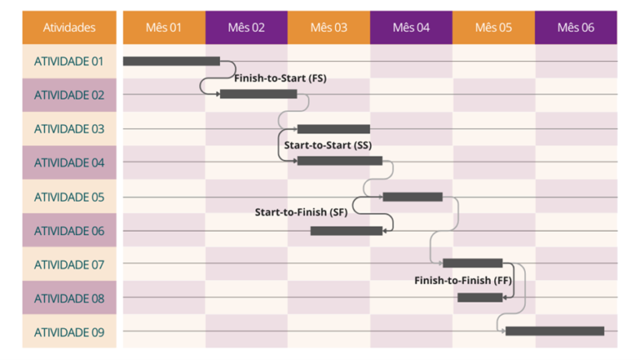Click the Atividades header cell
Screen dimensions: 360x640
[69, 27]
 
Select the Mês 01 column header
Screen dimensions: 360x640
[163, 27]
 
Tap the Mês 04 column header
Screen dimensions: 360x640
[411, 27]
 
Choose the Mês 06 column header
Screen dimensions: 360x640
[576, 27]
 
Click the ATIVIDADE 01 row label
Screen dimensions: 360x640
[69, 61]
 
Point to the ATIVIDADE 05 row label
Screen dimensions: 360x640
[69, 197]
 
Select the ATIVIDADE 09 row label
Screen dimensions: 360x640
[69, 332]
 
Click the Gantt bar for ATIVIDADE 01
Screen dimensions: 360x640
[171, 61]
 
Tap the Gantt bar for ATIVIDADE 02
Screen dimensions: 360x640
[258, 94]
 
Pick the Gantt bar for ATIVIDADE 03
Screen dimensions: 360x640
[333, 129]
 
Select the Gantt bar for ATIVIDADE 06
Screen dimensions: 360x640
[346, 231]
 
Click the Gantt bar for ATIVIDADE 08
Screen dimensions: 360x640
[480, 297]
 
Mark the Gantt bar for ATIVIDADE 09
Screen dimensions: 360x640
[554, 331]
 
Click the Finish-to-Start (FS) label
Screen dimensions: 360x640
[280, 78]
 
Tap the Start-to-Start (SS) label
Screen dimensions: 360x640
[327, 145]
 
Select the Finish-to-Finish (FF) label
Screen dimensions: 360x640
[462, 281]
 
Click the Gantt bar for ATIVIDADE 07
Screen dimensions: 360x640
[472, 263]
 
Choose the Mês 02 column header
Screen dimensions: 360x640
[246, 27]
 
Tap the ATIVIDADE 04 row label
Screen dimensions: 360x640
[69, 162]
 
